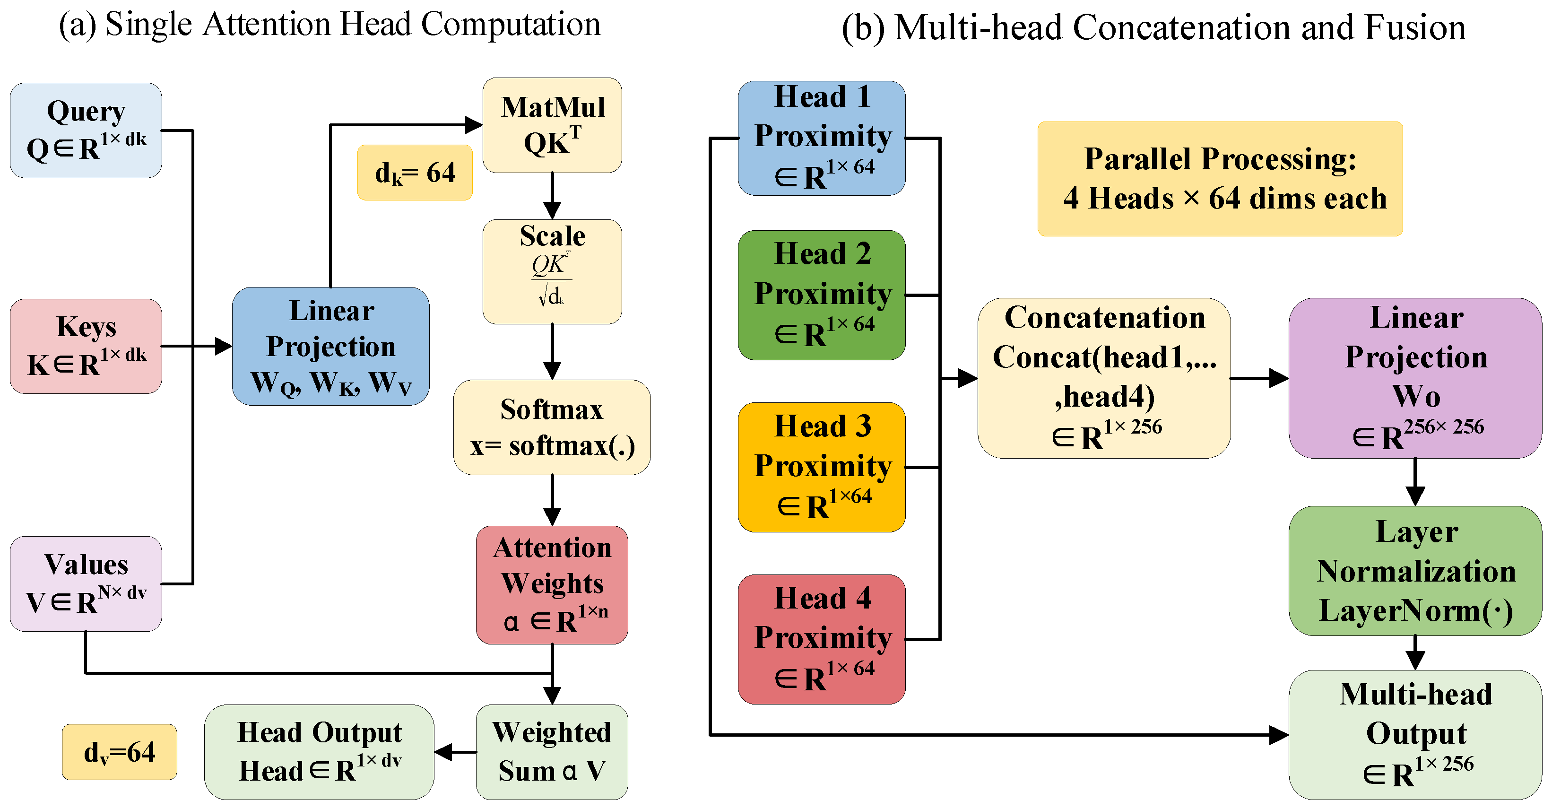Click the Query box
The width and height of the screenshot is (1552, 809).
86,130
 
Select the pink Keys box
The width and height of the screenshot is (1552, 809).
86,347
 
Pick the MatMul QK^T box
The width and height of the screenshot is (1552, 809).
552,125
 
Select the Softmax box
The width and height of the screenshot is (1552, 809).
552,427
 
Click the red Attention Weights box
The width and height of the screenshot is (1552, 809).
552,584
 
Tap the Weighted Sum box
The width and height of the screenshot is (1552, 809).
552,752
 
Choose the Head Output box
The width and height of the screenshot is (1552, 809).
319,752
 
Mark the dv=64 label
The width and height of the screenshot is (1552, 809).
119,752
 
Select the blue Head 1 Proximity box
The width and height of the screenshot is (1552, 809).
821,138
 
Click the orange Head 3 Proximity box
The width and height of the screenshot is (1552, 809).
821,467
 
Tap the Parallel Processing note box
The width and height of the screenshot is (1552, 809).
1220,179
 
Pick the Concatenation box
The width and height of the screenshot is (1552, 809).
1104,378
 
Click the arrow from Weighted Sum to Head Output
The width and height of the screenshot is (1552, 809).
455,752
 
